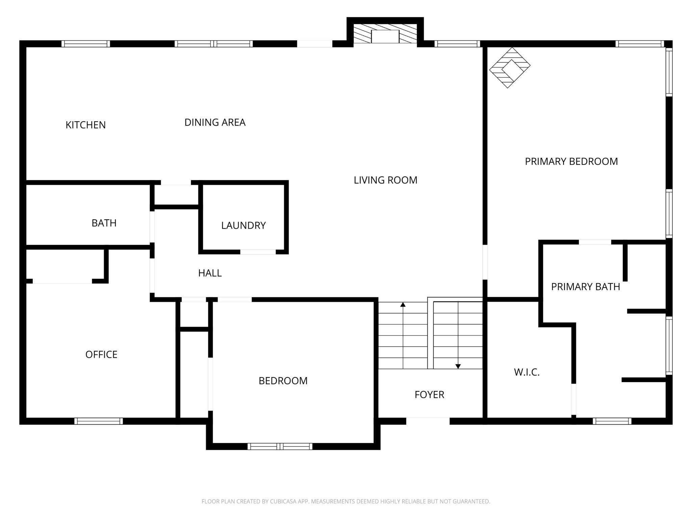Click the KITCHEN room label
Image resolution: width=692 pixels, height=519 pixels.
(x=85, y=125)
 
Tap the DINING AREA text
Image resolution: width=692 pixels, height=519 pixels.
(x=215, y=122)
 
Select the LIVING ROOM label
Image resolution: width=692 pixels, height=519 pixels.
(x=385, y=180)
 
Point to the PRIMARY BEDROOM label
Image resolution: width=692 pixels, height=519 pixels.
(x=571, y=162)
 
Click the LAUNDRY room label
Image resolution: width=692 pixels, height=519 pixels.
(x=243, y=225)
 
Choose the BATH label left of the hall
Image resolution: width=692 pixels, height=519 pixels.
(x=104, y=223)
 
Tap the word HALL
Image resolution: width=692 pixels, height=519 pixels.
(x=210, y=273)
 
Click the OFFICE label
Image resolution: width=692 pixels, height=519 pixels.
(x=101, y=354)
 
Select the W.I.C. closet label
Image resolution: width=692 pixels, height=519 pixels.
(x=526, y=372)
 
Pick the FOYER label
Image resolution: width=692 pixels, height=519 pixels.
(x=429, y=395)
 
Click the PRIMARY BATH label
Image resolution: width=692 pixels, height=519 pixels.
(x=585, y=287)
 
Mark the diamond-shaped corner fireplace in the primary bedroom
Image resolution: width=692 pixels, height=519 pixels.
(x=510, y=68)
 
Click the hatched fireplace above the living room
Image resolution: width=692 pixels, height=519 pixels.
(x=385, y=33)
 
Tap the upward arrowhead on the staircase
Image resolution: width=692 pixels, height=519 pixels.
(x=403, y=304)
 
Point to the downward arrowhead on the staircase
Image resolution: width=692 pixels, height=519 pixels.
(x=458, y=366)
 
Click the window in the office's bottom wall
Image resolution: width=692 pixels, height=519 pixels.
(x=98, y=421)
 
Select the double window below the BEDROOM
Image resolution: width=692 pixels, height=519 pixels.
(x=280, y=446)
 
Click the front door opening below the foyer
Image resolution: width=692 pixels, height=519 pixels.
(x=427, y=421)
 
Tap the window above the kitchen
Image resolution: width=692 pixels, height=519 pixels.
(x=85, y=44)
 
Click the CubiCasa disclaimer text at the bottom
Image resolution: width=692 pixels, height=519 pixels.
(x=346, y=501)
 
